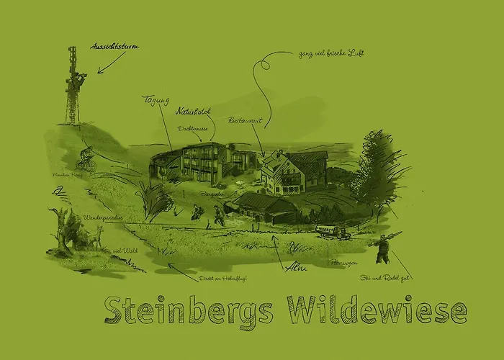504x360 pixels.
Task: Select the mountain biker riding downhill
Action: tap(86, 155)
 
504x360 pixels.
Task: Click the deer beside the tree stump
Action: tap(94, 236)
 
